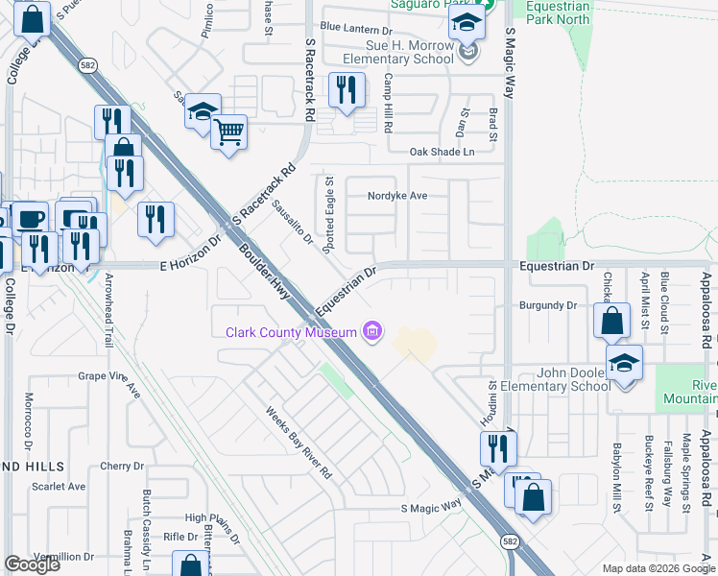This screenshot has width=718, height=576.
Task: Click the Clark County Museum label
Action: click(291, 333)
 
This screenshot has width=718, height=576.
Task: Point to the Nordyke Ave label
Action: click(396, 196)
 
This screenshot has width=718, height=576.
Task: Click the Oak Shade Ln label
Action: click(442, 152)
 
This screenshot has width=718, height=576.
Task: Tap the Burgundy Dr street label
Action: click(546, 305)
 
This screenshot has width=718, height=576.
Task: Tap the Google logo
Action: click(32, 564)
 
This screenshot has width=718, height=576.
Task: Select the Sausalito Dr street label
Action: click(292, 222)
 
